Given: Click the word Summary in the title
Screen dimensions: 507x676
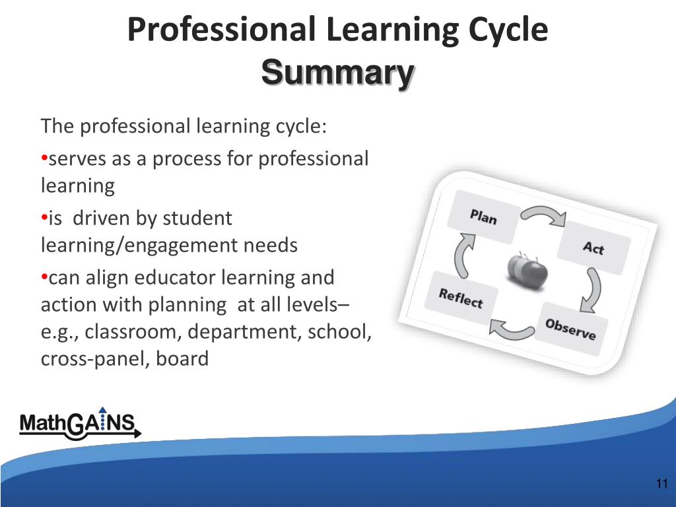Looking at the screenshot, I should tap(337, 73).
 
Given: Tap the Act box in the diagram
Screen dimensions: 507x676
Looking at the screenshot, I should tap(593, 248).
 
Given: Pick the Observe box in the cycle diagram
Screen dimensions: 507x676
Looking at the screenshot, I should tap(570, 328).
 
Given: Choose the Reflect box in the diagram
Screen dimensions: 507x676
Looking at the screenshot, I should tap(461, 298).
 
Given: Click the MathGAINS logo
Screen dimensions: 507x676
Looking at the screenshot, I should tap(79, 423).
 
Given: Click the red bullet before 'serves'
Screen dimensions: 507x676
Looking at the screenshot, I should tap(44, 158).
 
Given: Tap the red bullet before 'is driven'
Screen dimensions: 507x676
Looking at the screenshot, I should tap(44, 218).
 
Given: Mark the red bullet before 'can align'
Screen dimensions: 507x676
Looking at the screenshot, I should tap(44, 277).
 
